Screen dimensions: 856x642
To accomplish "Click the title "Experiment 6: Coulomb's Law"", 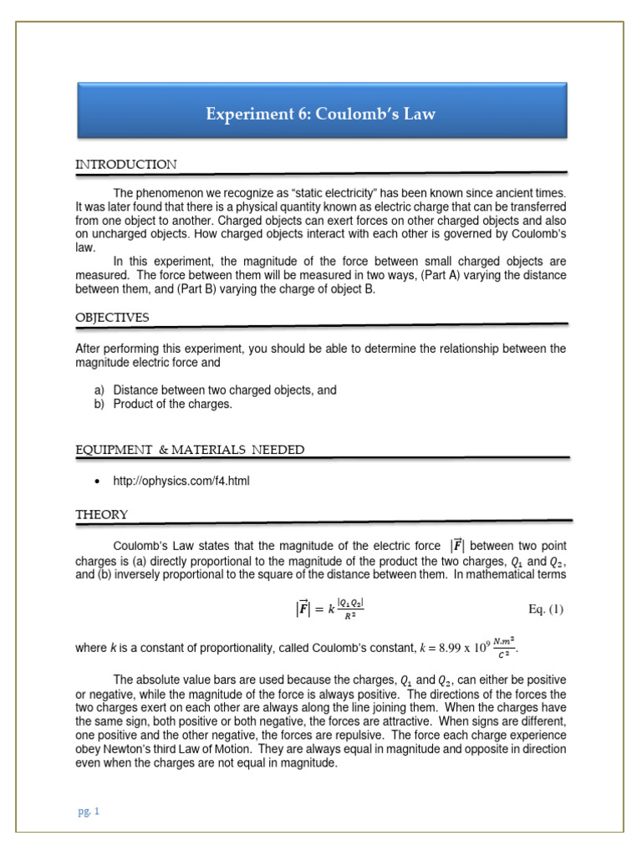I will [321, 114].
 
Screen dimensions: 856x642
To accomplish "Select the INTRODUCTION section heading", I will [126, 165].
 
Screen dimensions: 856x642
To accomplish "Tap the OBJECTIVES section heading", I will [113, 318].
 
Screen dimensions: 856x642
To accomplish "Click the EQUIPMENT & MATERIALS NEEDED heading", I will [190, 451].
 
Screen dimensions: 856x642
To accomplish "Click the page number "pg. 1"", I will [88, 811].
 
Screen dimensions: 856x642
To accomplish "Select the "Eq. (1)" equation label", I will [547, 609].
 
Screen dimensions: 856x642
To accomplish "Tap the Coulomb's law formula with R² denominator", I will [325, 609].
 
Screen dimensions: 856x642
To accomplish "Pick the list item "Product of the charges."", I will [172, 404].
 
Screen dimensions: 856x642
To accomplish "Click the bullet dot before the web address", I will [99, 481].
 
